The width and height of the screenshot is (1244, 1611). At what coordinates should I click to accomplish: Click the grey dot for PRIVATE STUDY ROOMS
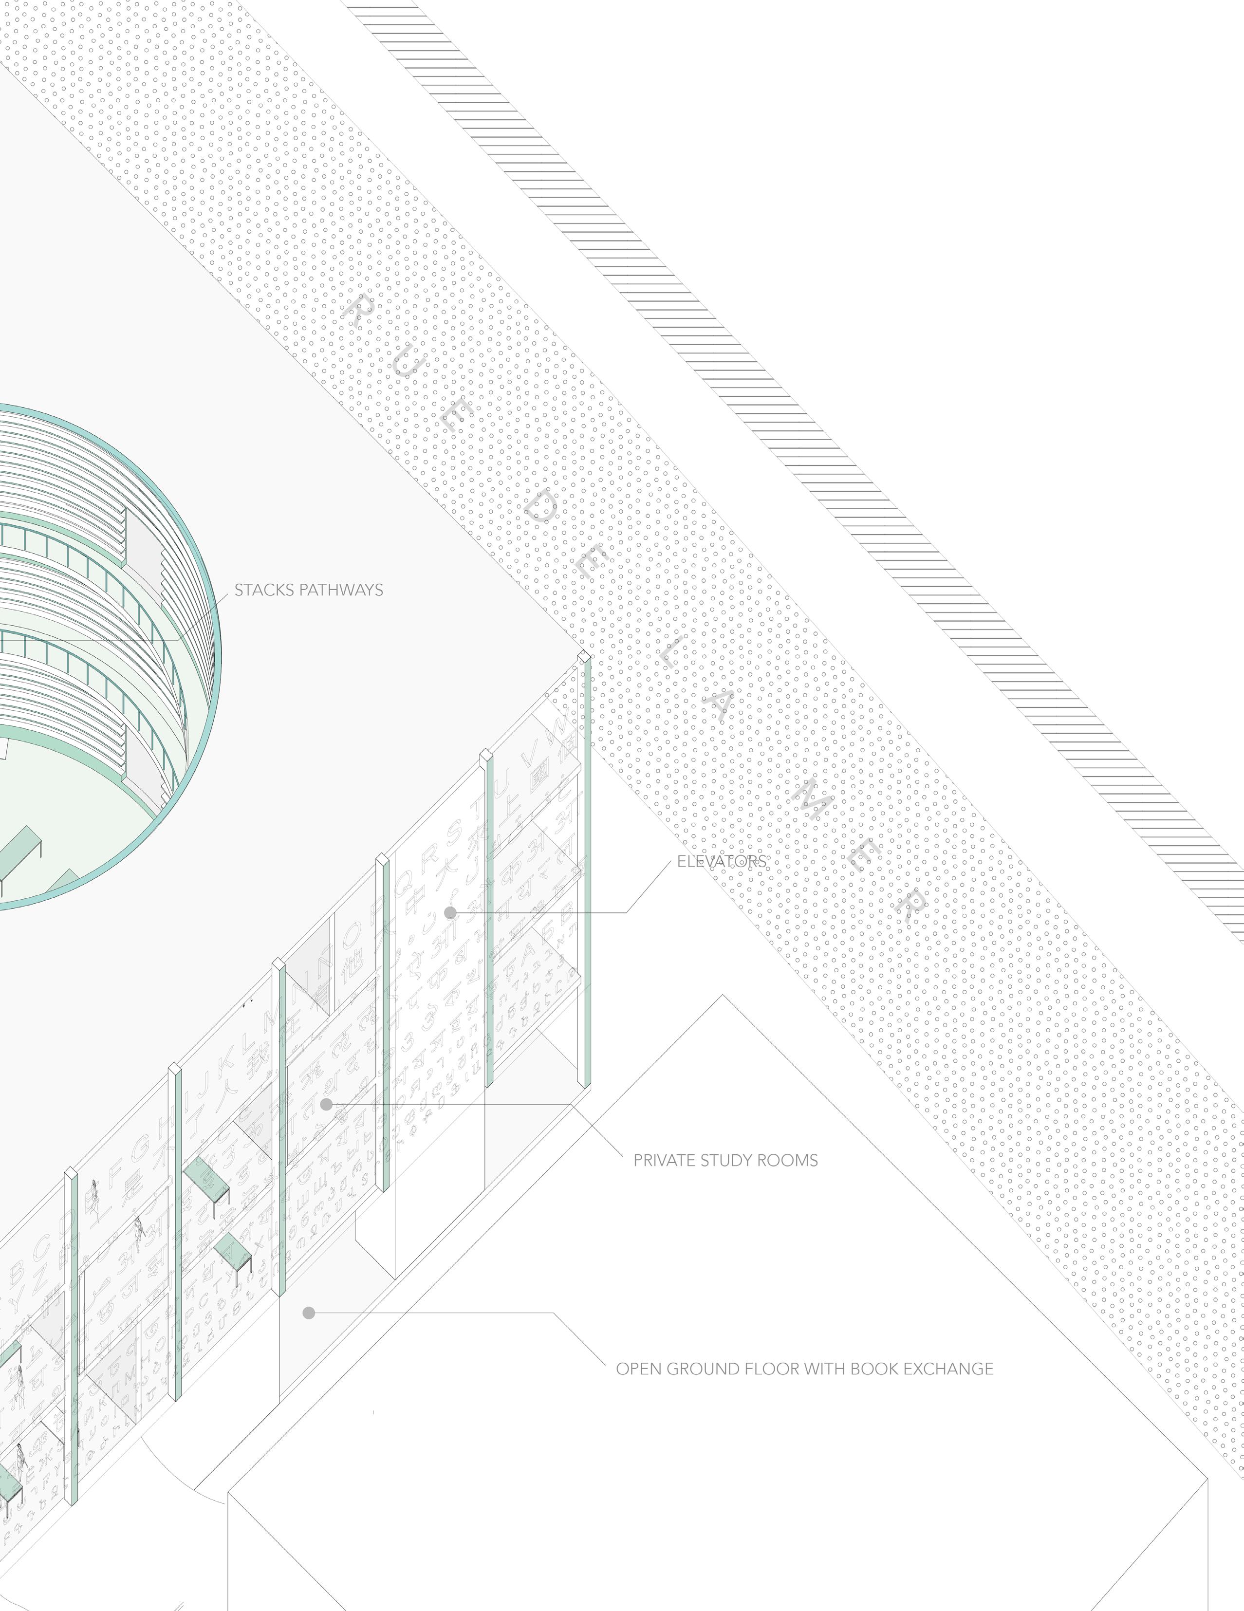point(326,1104)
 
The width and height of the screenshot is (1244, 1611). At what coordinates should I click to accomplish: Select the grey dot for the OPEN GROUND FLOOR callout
point(309,1313)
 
